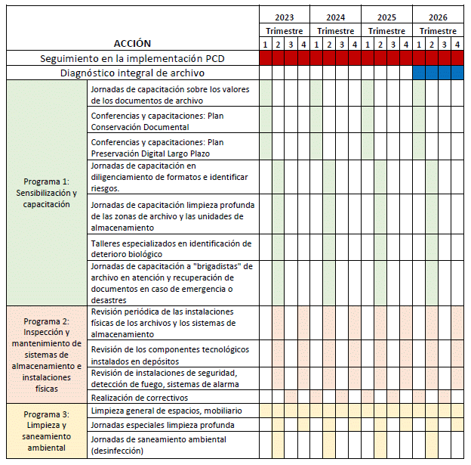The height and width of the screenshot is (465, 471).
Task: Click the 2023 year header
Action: pos(285,17)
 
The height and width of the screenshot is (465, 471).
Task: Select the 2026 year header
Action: pos(438,17)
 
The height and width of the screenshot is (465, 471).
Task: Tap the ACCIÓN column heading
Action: pos(132,43)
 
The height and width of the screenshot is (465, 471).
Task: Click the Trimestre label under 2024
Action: pos(336,31)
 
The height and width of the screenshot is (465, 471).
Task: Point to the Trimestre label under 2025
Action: pos(386,31)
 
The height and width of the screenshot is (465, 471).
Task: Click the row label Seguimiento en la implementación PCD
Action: pos(132,58)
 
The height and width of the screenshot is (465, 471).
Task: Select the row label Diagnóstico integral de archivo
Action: pos(132,73)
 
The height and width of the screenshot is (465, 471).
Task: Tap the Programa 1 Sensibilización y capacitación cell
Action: pos(45,193)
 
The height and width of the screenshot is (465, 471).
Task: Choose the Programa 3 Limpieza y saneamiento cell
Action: pos(45,431)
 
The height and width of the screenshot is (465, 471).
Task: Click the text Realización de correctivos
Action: pos(140,397)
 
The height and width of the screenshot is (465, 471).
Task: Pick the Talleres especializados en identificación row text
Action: pos(170,248)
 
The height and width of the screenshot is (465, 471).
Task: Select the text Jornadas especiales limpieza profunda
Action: pos(162,425)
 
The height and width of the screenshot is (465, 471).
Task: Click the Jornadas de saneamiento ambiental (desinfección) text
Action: pos(153,445)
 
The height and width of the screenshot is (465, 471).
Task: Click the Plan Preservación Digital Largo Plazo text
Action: pos(157,147)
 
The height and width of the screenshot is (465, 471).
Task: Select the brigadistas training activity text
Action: pos(171,283)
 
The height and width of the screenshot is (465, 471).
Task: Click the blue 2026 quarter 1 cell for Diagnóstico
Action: pos(419,73)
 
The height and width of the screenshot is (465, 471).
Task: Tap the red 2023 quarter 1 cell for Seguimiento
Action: pos(266,58)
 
